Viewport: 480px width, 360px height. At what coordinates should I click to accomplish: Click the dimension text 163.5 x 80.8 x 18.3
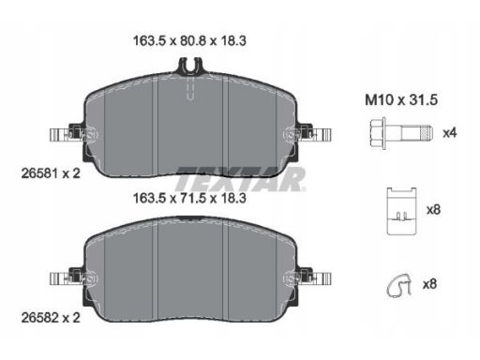pyautogui.click(x=189, y=41)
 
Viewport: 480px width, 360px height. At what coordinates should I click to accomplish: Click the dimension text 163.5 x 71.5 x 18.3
pyautogui.click(x=189, y=198)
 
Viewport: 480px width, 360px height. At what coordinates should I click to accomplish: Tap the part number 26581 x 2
pyautogui.click(x=51, y=173)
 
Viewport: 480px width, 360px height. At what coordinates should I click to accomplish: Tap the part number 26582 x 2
pyautogui.click(x=51, y=318)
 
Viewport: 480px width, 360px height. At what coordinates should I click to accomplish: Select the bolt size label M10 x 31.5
pyautogui.click(x=401, y=100)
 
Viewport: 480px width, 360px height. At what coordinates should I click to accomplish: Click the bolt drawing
pyautogui.click(x=401, y=133)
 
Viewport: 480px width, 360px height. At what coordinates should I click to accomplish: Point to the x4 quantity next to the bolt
pyautogui.click(x=450, y=133)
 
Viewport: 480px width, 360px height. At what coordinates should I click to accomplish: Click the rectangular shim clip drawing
pyautogui.click(x=401, y=211)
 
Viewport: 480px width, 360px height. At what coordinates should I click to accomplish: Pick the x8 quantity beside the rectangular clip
pyautogui.click(x=433, y=210)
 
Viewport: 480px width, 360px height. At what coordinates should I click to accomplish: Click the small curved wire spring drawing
pyautogui.click(x=399, y=285)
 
